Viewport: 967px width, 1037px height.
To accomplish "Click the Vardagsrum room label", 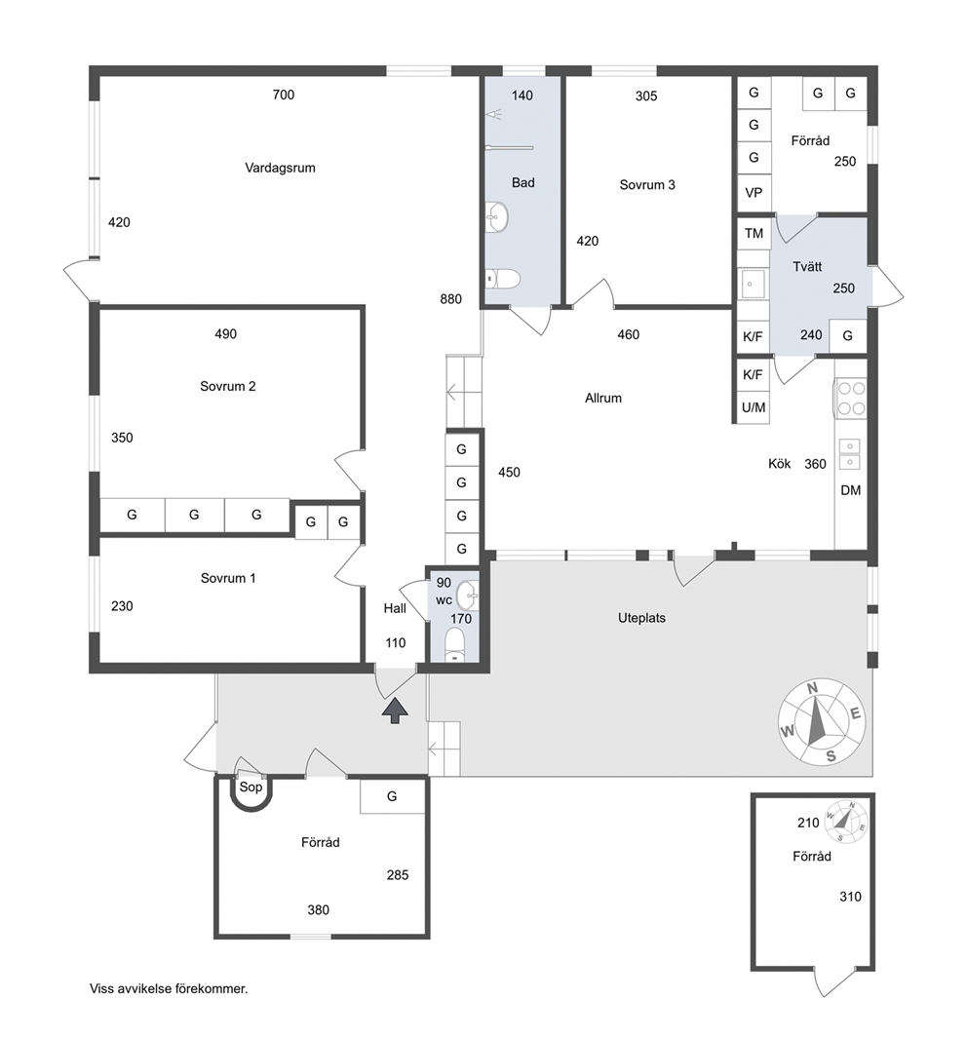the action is click(280, 168).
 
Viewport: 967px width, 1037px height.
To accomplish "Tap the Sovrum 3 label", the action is click(647, 185).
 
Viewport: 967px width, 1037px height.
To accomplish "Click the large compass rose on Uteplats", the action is click(821, 722).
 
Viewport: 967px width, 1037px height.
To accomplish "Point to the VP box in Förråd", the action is click(754, 192).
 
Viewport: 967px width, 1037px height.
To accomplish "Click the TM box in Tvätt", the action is click(754, 234).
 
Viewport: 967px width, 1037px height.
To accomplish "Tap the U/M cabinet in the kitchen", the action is click(754, 407).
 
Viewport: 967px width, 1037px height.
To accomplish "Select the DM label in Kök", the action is click(851, 491).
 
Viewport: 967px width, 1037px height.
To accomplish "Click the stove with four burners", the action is click(851, 398).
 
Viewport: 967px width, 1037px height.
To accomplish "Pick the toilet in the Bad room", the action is click(502, 279).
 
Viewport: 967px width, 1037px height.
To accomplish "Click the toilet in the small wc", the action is click(454, 645).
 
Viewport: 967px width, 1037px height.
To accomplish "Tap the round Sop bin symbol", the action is click(251, 792).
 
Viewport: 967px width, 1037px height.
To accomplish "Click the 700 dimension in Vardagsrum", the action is click(283, 96).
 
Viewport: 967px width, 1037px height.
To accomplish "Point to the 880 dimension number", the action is click(450, 299).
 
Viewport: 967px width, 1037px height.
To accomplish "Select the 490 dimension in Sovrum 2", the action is click(225, 334).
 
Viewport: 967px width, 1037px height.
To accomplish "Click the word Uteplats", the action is click(641, 618).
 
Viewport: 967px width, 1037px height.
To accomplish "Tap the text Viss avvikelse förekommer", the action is click(169, 989).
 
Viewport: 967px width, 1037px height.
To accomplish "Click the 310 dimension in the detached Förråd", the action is click(851, 897).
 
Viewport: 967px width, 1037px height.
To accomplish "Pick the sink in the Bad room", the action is click(497, 216).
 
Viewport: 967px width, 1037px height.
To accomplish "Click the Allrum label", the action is click(603, 398).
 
